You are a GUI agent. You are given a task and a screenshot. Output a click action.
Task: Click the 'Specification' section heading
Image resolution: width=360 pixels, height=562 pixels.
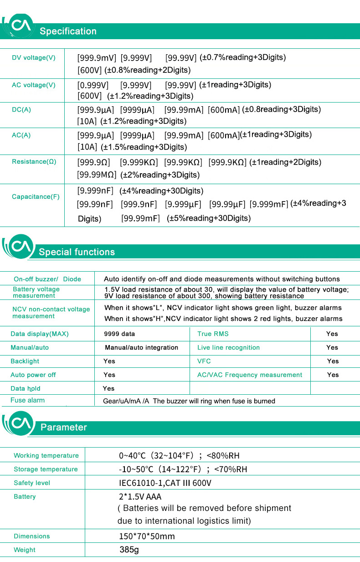pyautogui.click(x=68, y=31)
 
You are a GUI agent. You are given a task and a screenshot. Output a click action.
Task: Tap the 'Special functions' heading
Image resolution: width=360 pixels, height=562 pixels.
pyautogui.click(x=77, y=252)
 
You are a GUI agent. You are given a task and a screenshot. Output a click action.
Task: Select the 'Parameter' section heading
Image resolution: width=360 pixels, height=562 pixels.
pyautogui.click(x=63, y=427)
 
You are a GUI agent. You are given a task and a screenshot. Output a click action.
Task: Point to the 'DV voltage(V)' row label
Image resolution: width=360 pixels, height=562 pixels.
pyautogui.click(x=34, y=58)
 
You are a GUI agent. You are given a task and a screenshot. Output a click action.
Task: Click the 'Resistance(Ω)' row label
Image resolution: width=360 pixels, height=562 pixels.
pyautogui.click(x=34, y=162)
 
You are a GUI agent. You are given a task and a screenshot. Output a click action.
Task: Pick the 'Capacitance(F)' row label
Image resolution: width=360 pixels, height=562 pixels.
pyautogui.click(x=36, y=197)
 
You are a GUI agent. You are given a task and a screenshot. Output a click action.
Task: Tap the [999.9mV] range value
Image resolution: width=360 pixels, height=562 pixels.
pyautogui.click(x=97, y=58)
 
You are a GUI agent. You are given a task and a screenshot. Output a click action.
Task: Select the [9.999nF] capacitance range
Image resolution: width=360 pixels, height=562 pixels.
pyautogui.click(x=95, y=191)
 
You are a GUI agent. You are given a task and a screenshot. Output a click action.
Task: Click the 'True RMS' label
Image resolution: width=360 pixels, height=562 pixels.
pyautogui.click(x=213, y=334)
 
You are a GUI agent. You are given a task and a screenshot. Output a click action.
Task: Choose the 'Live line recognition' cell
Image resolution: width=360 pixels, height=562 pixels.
pyautogui.click(x=228, y=348)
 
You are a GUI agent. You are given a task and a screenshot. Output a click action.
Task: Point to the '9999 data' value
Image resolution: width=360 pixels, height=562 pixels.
pyautogui.click(x=119, y=334)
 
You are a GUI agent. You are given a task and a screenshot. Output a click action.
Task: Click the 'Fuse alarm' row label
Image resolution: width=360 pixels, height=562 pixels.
pyautogui.click(x=27, y=400)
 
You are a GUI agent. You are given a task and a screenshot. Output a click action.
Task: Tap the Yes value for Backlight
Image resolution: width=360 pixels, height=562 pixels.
pyautogui.click(x=109, y=361)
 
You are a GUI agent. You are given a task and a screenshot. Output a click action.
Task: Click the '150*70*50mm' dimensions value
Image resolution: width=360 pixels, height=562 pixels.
pyautogui.click(x=147, y=536)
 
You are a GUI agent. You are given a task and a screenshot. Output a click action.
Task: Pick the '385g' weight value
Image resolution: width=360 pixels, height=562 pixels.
pyautogui.click(x=129, y=550)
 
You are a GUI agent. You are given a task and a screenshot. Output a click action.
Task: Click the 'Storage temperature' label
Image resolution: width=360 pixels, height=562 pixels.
pyautogui.click(x=46, y=469)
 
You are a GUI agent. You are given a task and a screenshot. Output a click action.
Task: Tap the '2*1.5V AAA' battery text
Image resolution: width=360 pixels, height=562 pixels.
pyautogui.click(x=140, y=497)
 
